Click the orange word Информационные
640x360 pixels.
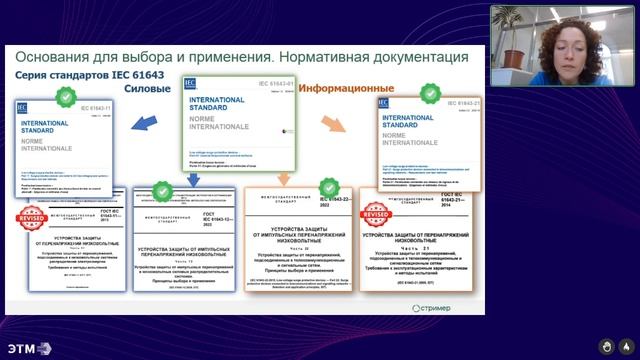coord(346,89)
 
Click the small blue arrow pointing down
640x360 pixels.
coord(192,178)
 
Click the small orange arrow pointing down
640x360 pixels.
coord(301,177)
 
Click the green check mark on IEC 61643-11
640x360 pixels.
coord(65,96)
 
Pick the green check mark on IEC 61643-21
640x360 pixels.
coord(429,93)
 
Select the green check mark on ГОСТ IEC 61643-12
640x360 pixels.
coord(162,189)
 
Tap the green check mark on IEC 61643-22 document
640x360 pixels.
coord(328,187)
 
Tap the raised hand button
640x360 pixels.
coord(606,346)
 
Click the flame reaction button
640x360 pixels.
coord(626,346)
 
